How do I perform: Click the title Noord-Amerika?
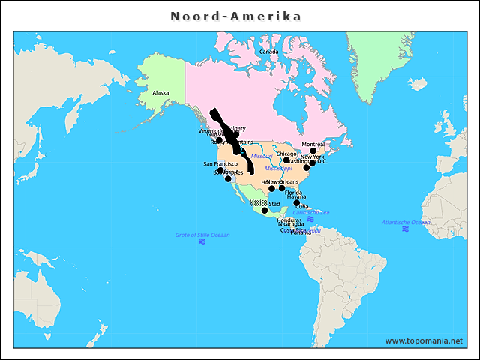point(235,16)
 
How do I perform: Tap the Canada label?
point(268,52)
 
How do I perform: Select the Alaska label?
point(160,93)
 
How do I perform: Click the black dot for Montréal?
point(313,151)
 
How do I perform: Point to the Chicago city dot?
point(286,160)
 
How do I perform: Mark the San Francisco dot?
point(220,171)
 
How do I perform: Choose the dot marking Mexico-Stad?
point(265,211)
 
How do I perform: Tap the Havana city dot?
point(297,203)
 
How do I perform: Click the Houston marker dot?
point(271,189)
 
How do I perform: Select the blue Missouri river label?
point(262,156)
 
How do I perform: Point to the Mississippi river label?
point(278,169)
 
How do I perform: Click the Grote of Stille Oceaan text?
point(202,235)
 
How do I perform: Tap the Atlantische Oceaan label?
point(406,223)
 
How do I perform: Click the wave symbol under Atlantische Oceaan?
point(406,229)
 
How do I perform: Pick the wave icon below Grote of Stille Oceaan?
point(202,241)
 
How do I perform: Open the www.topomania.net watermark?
point(424,340)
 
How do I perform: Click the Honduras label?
point(289,220)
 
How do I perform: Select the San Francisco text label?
point(220,163)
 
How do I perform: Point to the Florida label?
point(294,193)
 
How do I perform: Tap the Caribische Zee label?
point(311,212)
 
